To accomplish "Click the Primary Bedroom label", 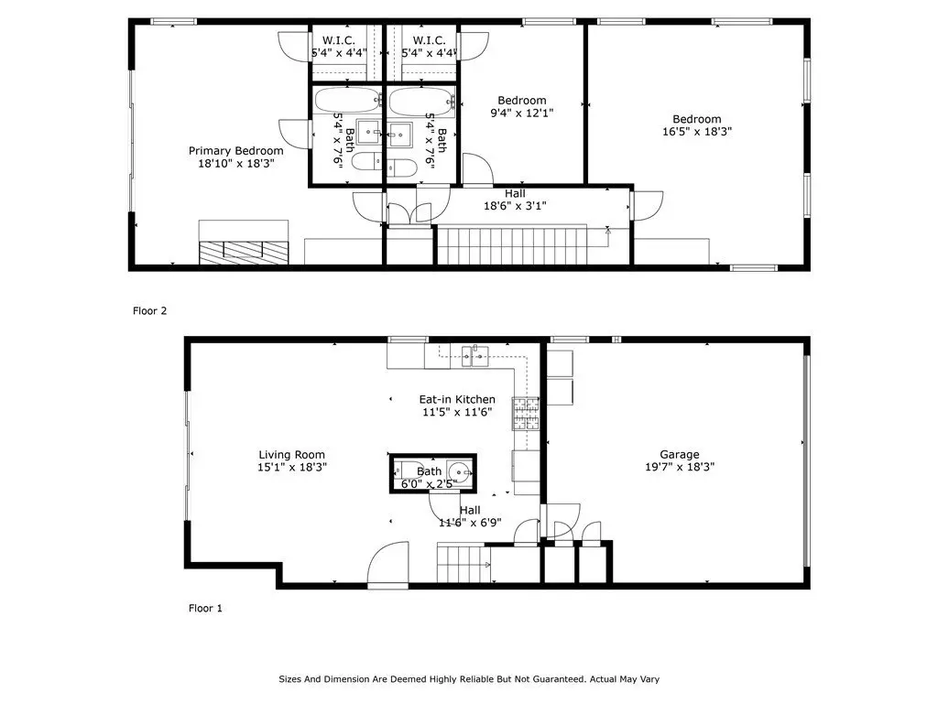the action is click(x=235, y=151).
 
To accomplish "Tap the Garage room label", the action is click(x=680, y=454).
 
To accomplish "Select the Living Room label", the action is click(x=292, y=455).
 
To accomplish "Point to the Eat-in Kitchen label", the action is click(x=457, y=399).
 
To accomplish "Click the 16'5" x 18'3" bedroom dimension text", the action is click(x=697, y=132).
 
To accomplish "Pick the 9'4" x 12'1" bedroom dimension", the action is click(x=522, y=113).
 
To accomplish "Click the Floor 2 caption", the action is click(x=149, y=311).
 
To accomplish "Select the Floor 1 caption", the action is click(x=205, y=608).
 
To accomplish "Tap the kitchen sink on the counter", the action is click(x=475, y=356).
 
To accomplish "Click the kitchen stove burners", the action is click(x=526, y=414).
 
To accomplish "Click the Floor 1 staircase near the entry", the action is click(x=464, y=563).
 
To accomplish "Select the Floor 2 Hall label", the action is click(x=515, y=194).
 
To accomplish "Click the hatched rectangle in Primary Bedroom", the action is click(x=244, y=253).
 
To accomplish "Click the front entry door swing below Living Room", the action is click(x=387, y=565).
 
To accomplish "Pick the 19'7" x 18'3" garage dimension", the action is click(x=680, y=467).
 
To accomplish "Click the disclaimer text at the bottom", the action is click(x=469, y=679).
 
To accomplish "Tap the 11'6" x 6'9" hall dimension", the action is click(x=470, y=523).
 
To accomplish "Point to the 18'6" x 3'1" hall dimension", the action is click(x=515, y=206).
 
